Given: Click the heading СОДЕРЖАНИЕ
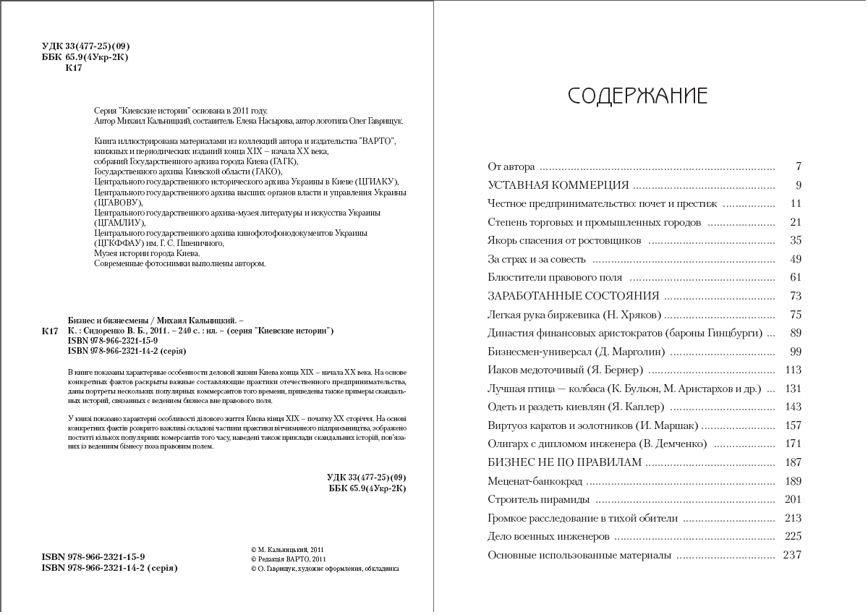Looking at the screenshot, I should click(x=637, y=96).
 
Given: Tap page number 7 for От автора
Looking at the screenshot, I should click(x=798, y=166).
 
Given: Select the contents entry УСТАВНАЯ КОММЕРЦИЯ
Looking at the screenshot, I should click(x=558, y=185).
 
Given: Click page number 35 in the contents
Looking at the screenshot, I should click(x=796, y=240).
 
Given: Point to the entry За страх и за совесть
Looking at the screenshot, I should click(x=537, y=259).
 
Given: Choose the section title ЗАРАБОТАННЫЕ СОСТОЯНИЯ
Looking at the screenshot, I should click(x=574, y=296).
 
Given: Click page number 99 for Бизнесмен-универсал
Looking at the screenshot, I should click(x=796, y=352).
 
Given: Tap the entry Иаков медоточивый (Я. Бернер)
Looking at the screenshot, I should click(x=566, y=370).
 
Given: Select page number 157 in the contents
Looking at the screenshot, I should click(x=793, y=425).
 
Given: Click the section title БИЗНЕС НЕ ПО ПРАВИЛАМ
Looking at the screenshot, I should click(x=565, y=462).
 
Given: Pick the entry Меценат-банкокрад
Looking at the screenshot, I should click(x=535, y=481).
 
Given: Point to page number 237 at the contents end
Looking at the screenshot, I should click(x=792, y=555).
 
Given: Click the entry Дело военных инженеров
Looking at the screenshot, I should click(x=548, y=536).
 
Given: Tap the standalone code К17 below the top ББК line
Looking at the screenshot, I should click(x=74, y=68).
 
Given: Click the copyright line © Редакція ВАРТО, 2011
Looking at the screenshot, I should click(x=289, y=559).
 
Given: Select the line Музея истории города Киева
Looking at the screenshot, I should click(x=147, y=253).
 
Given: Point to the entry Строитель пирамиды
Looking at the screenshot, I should click(x=538, y=499).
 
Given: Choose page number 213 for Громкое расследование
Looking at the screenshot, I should click(x=793, y=518).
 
